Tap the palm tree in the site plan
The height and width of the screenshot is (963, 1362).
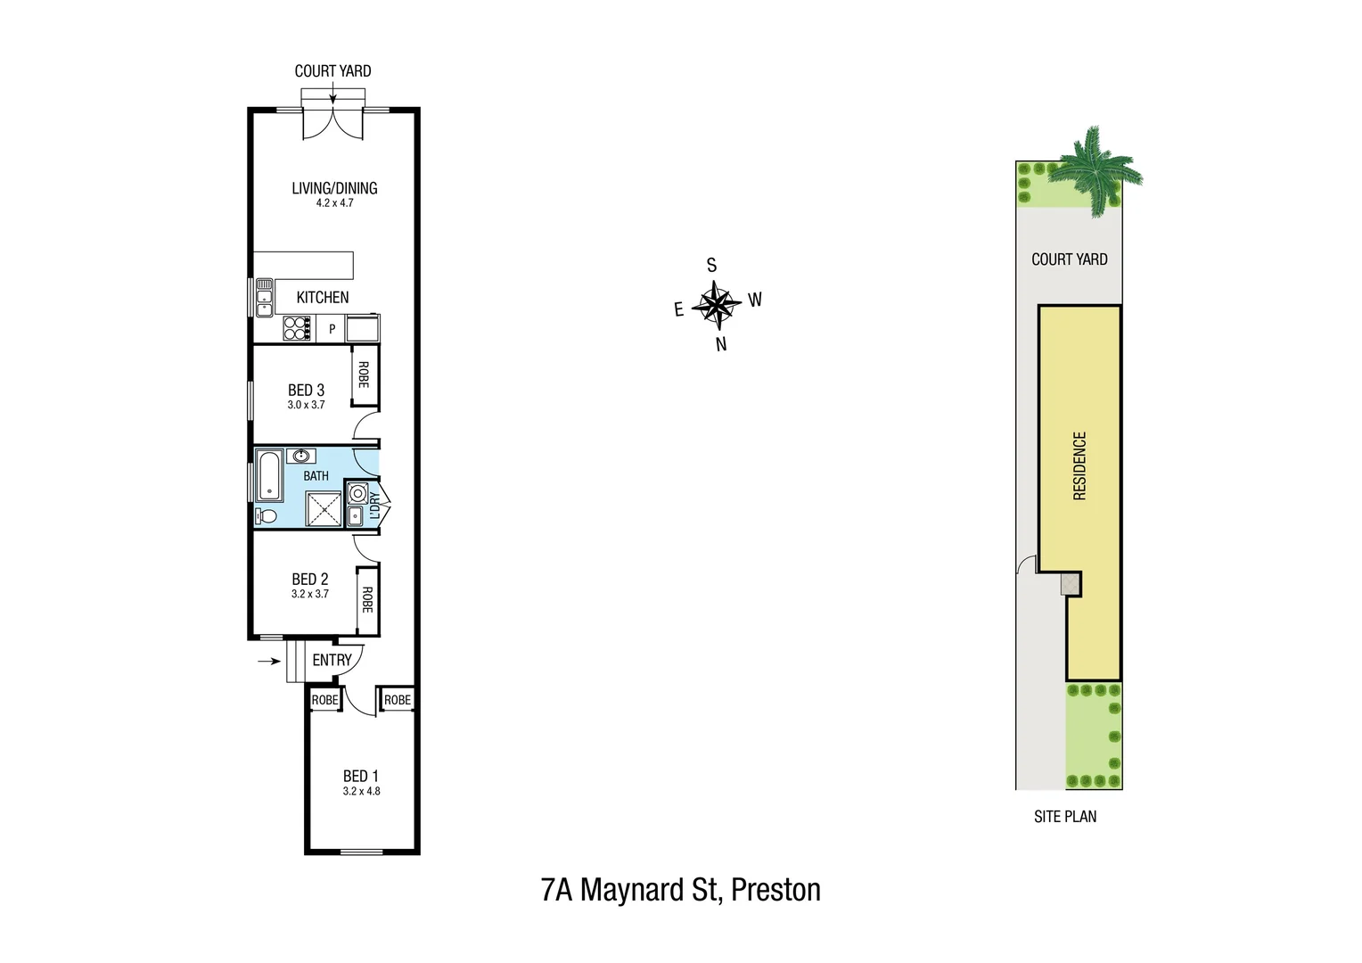click(x=1094, y=170)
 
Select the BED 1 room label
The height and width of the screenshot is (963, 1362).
click(x=361, y=776)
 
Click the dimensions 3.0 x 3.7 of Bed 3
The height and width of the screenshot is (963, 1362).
click(x=306, y=405)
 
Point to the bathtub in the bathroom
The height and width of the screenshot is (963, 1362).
click(x=269, y=476)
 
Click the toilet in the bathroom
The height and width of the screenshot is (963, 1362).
click(x=266, y=515)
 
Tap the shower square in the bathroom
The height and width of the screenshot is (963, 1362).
click(x=324, y=508)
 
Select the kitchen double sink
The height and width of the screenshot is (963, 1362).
click(x=264, y=297)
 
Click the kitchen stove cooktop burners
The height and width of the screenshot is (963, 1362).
click(x=296, y=329)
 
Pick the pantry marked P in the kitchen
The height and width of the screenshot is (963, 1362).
click(x=332, y=329)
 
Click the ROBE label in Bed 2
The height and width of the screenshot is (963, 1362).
click(x=366, y=599)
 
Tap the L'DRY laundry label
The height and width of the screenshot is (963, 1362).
click(x=375, y=506)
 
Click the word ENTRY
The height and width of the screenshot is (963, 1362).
click(x=332, y=660)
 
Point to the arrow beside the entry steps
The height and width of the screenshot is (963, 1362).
click(x=268, y=661)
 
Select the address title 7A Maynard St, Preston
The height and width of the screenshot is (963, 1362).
click(x=680, y=890)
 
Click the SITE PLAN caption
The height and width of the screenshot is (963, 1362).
click(x=1065, y=817)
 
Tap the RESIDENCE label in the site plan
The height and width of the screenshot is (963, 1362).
click(x=1079, y=465)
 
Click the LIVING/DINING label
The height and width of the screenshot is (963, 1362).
click(x=334, y=188)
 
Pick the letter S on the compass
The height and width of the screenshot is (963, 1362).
click(x=711, y=266)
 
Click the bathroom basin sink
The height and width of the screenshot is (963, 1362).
click(x=301, y=457)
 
